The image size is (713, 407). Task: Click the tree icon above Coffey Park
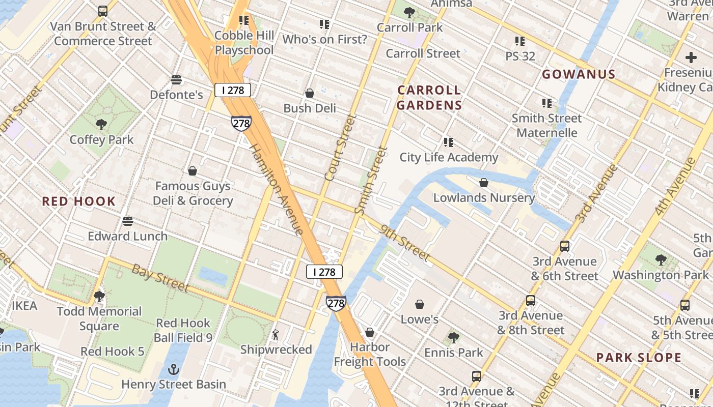(x=101, y=124)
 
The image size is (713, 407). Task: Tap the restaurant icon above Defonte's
(x=176, y=80)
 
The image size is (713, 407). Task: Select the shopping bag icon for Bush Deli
(x=309, y=93)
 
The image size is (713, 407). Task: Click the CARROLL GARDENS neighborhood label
(x=429, y=98)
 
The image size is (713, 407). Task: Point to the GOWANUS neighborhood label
(x=579, y=74)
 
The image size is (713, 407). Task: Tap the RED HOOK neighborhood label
(x=79, y=201)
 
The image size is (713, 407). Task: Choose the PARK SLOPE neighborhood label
(x=639, y=358)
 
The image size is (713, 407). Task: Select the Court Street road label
(x=340, y=147)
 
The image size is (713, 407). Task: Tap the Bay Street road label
(x=160, y=278)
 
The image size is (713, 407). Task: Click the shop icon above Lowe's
(x=420, y=304)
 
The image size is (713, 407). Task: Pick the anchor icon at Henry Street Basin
(x=174, y=369)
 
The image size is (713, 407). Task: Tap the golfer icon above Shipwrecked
(x=276, y=335)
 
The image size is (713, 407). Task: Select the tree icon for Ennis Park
(x=453, y=337)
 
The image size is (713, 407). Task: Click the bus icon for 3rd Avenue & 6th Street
(x=564, y=246)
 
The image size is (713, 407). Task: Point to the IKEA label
(x=24, y=306)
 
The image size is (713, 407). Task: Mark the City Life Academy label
(x=449, y=157)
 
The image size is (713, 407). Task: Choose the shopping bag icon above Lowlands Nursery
(x=484, y=182)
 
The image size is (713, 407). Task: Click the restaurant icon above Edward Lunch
(x=127, y=221)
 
